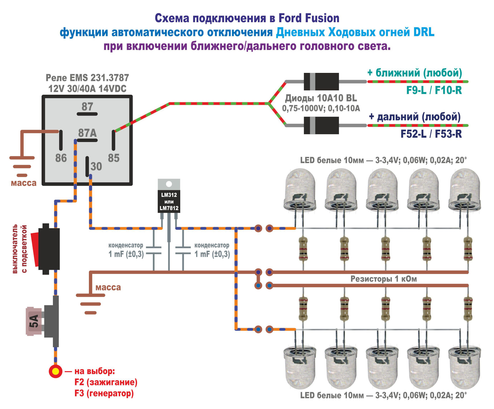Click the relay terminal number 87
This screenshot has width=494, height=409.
pyautogui.click(x=87, y=106)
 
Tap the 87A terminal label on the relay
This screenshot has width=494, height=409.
pyautogui.click(x=87, y=133)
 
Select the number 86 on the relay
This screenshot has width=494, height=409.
pyautogui.click(x=61, y=158)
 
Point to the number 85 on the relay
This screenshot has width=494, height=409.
pyautogui.click(x=113, y=158)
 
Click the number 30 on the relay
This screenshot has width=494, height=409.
pyautogui.click(x=96, y=166)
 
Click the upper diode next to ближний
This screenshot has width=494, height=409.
pyautogui.click(x=321, y=82)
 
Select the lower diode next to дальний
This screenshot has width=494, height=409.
pyautogui.click(x=321, y=125)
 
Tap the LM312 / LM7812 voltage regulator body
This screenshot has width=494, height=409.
pyautogui.click(x=169, y=201)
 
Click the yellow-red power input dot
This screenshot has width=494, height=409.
pyautogui.click(x=56, y=371)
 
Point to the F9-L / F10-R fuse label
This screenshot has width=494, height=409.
pyautogui.click(x=434, y=90)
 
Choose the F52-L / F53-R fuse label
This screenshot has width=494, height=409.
pyautogui.click(x=431, y=134)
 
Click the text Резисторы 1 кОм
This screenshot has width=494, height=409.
pyautogui.click(x=383, y=279)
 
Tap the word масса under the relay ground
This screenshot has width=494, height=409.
pyautogui.click(x=24, y=183)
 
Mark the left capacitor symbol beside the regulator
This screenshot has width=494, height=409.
pyautogui.click(x=154, y=250)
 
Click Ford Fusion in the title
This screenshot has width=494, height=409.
pyautogui.click(x=309, y=18)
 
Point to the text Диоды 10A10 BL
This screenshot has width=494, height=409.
pyautogui.click(x=321, y=98)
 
